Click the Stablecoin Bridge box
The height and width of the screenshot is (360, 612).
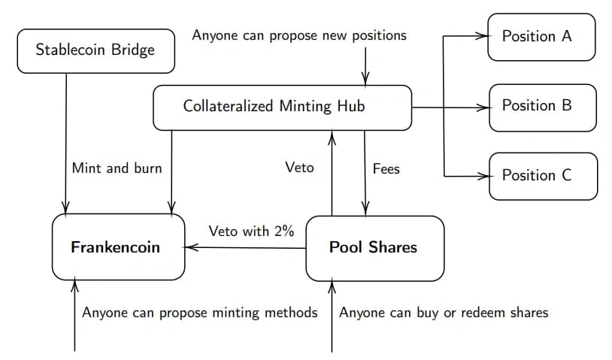(96, 50)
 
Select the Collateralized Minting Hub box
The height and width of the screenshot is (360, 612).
(282, 107)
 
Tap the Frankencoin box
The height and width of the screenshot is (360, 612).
(118, 247)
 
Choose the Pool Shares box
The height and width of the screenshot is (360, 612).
(374, 249)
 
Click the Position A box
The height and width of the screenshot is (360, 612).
(541, 37)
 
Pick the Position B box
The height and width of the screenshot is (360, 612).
(543, 107)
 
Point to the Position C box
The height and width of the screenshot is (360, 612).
(543, 177)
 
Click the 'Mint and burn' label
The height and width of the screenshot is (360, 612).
(117, 168)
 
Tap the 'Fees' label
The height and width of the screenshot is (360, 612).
(386, 169)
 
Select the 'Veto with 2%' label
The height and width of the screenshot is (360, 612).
(251, 231)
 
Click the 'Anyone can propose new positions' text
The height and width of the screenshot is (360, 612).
(299, 35)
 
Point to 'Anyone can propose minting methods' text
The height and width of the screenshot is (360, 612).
(200, 313)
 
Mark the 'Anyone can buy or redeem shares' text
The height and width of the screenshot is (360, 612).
(444, 313)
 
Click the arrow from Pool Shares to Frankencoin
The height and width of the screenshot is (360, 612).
(244, 247)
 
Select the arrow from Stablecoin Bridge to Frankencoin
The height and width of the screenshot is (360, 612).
(65, 144)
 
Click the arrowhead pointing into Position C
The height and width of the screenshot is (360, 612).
(483, 177)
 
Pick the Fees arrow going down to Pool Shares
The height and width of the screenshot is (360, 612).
(365, 173)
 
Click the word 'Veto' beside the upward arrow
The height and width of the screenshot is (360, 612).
(299, 168)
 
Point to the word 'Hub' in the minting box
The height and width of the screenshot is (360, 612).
(351, 106)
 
